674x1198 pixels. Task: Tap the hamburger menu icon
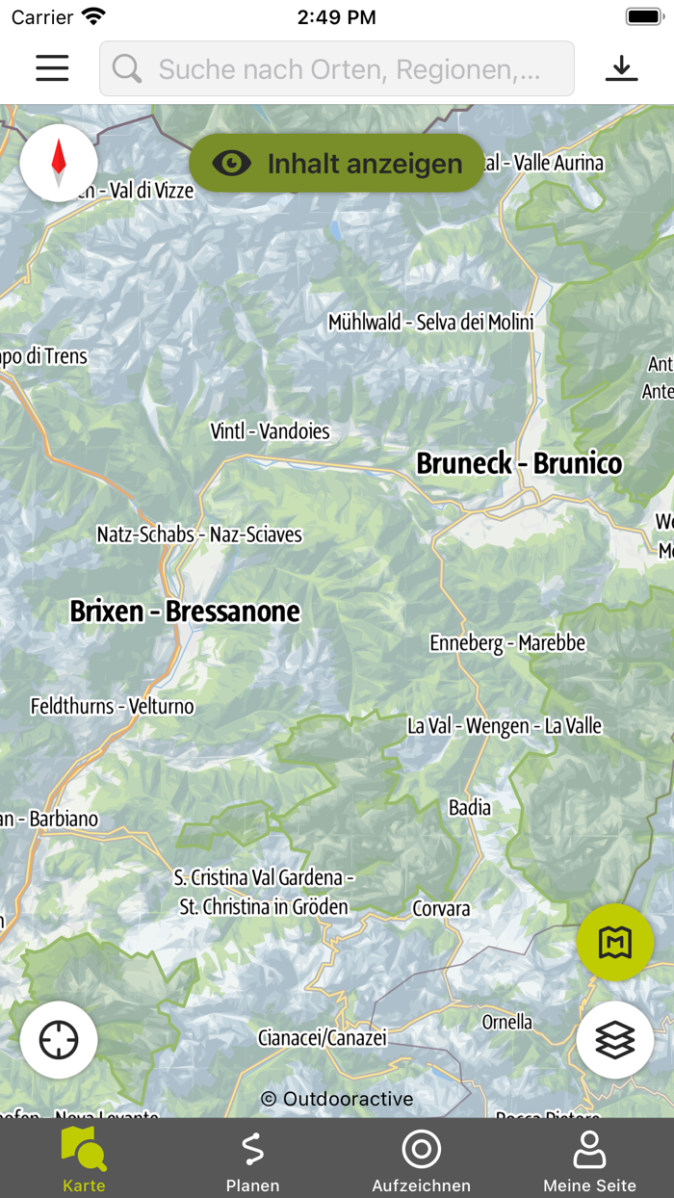(x=52, y=68)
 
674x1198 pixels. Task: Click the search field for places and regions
(x=337, y=68)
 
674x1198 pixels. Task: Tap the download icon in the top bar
(x=621, y=68)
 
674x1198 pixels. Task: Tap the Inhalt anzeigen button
(x=337, y=164)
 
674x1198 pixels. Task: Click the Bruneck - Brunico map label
(x=519, y=463)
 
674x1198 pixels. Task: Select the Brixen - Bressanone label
(x=185, y=612)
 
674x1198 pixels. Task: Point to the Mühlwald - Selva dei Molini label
(x=430, y=323)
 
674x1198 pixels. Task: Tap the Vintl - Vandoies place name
(x=270, y=431)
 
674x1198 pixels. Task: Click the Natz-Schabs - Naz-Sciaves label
(x=199, y=534)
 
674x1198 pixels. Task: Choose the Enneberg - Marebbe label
(x=507, y=642)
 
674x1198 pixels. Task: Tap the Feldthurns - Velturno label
(x=112, y=706)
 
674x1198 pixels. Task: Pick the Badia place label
(x=470, y=808)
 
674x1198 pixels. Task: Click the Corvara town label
(x=441, y=908)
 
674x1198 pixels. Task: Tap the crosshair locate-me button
(x=59, y=1040)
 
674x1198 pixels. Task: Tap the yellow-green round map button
(x=615, y=943)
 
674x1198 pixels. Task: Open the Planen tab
(x=252, y=1159)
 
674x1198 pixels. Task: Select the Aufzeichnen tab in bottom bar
(x=421, y=1159)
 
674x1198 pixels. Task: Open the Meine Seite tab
(x=589, y=1159)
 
